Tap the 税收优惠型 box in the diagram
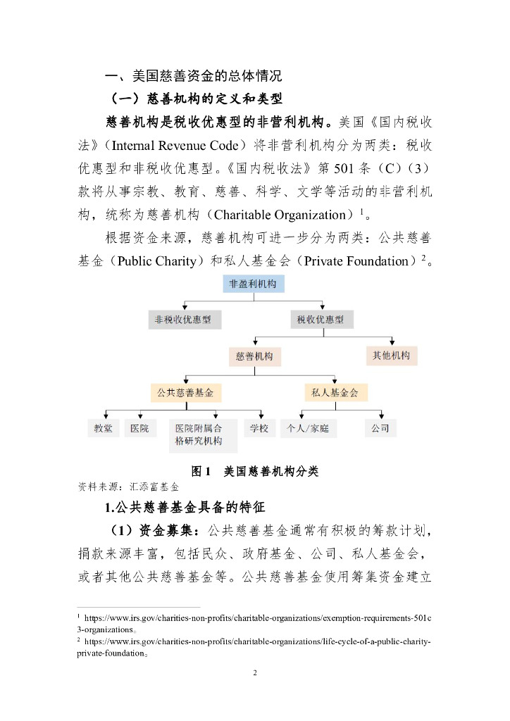point(321,320)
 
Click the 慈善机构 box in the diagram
point(254,356)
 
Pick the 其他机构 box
point(391,356)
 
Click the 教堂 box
point(103,428)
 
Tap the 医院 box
point(140,428)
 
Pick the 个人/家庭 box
point(309,428)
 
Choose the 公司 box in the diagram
point(380,428)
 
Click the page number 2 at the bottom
point(255,673)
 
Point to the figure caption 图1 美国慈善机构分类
point(254,471)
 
